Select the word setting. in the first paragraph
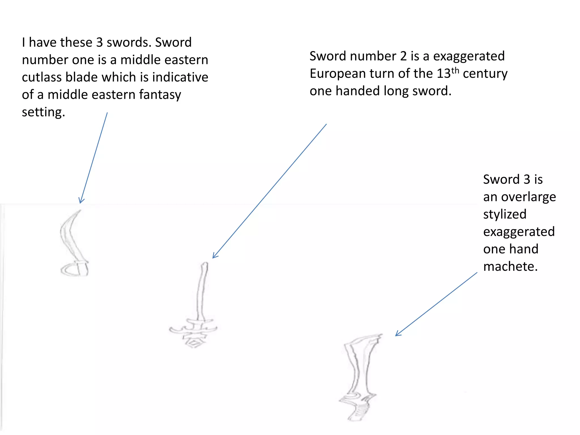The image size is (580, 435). click(43, 112)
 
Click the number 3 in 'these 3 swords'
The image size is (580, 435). click(99, 42)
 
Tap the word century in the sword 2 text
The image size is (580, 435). click(485, 74)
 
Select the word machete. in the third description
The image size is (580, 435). click(510, 266)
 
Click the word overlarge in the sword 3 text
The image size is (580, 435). click(528, 197)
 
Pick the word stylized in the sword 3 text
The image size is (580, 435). click(505, 214)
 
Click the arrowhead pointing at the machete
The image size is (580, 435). click(397, 334)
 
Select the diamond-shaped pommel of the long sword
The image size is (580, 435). click(194, 343)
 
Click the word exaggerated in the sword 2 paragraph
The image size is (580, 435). click(469, 56)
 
